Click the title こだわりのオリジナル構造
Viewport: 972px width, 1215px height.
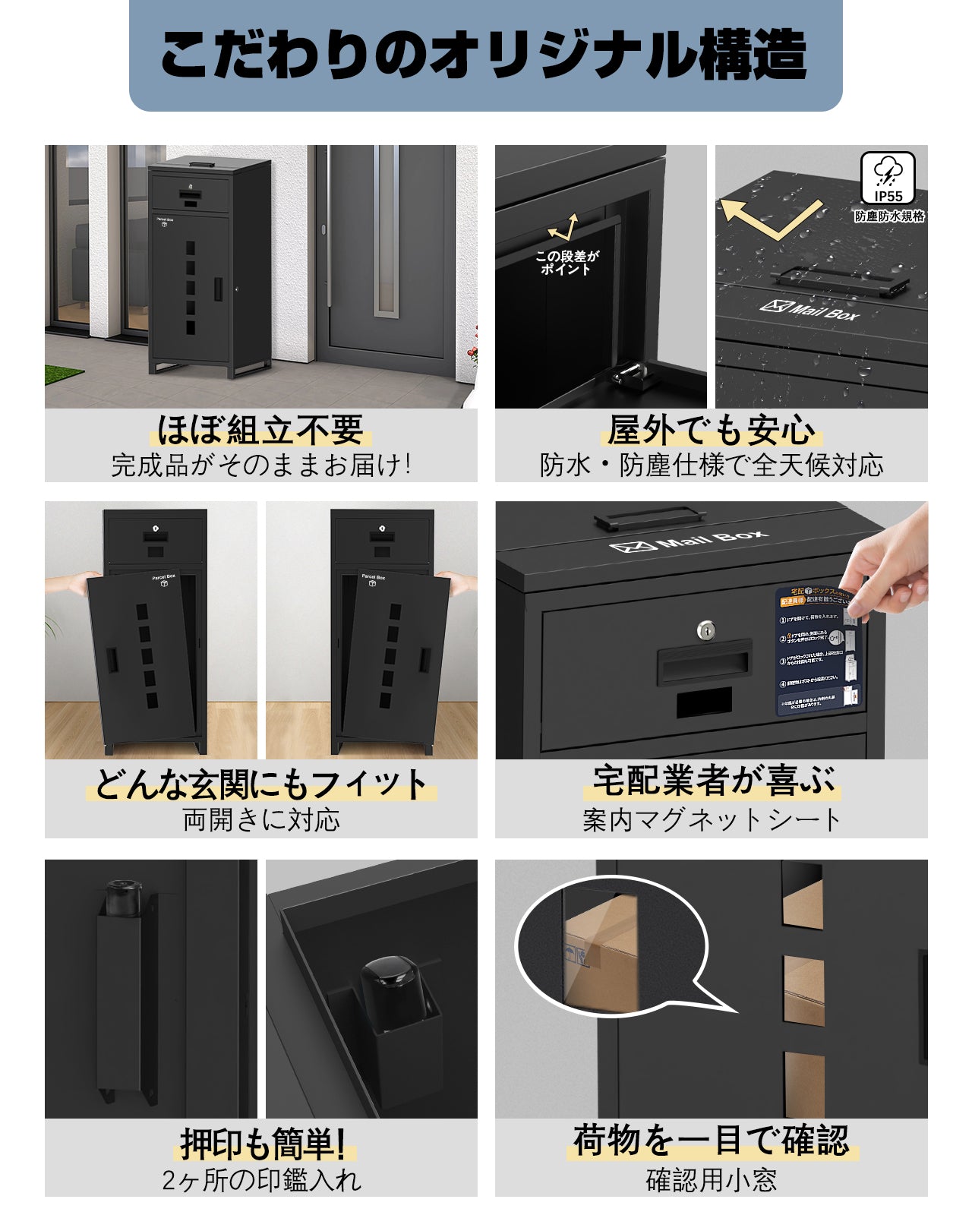click(x=484, y=55)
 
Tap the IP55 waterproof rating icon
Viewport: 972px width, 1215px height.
click(x=887, y=179)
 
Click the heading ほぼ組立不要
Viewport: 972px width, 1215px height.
click(x=260, y=431)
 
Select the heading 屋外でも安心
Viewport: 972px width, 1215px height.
click(x=712, y=431)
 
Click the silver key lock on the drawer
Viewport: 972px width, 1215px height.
click(x=706, y=630)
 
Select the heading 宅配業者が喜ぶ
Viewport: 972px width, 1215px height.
click(x=712, y=781)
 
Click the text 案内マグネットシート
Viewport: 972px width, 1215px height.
click(x=712, y=820)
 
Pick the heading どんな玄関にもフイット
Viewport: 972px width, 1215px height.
click(x=260, y=784)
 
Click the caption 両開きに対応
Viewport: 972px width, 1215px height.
click(x=260, y=820)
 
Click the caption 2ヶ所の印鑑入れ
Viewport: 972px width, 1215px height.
click(x=260, y=1180)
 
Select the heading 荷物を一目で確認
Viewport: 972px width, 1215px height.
click(x=712, y=1141)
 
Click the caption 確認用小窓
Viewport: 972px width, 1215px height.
click(x=712, y=1180)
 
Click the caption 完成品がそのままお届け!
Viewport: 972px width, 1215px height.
click(x=260, y=465)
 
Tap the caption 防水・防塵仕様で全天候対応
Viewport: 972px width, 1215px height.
click(x=712, y=465)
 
